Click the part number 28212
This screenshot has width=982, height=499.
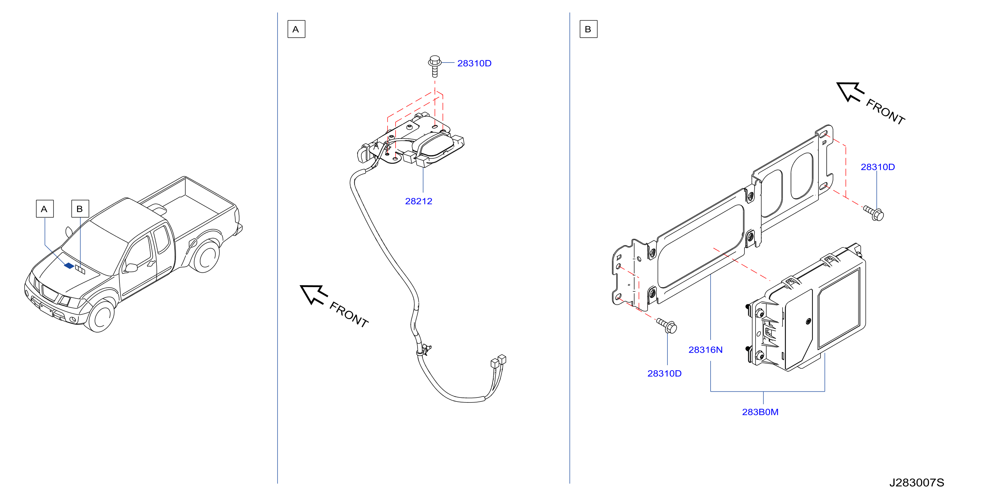tap(419, 201)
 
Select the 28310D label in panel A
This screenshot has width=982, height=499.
tap(474, 63)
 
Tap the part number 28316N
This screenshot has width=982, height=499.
tap(705, 350)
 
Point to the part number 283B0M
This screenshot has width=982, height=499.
tap(760, 412)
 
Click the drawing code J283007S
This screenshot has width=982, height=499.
tap(916, 483)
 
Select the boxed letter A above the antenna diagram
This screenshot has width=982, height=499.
tap(296, 29)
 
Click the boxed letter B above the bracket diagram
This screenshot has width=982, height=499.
tap(588, 29)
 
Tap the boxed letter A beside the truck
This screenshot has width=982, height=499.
tap(45, 209)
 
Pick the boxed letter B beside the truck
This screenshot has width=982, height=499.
tap(80, 209)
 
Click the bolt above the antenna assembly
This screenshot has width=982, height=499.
tap(435, 66)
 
